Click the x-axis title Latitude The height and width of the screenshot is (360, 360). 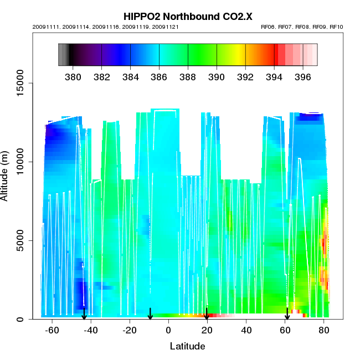(187, 346)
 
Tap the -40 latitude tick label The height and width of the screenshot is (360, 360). (91, 330)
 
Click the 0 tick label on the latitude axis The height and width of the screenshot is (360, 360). (168, 330)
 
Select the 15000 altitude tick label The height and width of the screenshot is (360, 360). (20, 83)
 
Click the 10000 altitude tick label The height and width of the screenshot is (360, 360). (20, 162)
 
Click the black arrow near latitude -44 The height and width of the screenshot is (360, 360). (84, 314)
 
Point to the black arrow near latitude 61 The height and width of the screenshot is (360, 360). (287, 314)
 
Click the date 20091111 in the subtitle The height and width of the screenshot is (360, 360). (45, 27)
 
